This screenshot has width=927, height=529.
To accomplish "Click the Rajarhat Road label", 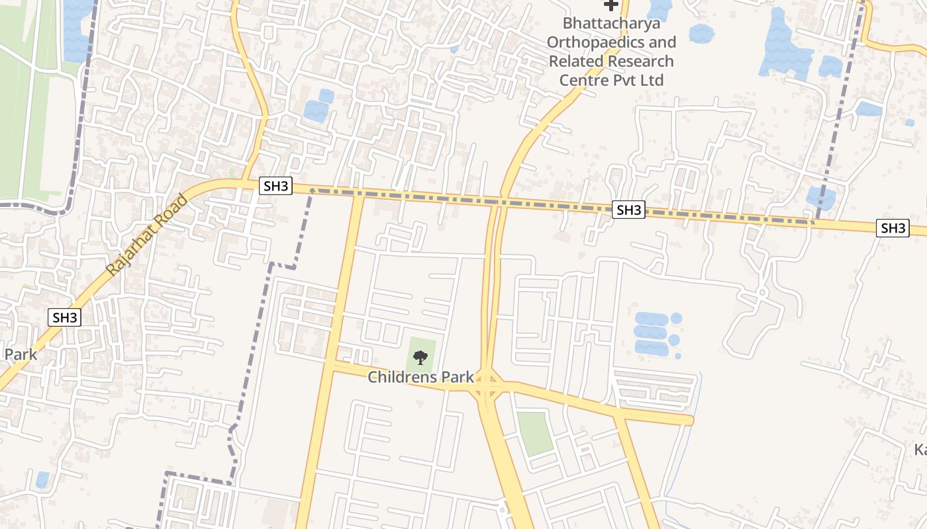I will (x=147, y=235).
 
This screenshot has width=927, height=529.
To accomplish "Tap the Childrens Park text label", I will (x=420, y=378).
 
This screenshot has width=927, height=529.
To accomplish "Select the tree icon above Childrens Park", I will (x=420, y=358).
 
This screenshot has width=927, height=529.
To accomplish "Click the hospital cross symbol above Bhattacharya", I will (x=610, y=5).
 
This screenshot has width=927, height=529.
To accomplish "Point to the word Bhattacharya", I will (x=611, y=24).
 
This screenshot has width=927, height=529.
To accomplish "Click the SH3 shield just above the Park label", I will (x=65, y=317).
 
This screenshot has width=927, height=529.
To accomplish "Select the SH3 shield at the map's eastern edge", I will (x=893, y=229).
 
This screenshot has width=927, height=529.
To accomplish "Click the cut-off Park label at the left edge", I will (x=20, y=354).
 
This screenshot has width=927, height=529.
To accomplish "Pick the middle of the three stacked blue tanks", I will (x=650, y=333).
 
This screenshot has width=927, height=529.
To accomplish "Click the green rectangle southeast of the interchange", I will (x=534, y=433).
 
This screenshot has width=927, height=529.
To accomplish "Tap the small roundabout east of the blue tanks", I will (x=762, y=292).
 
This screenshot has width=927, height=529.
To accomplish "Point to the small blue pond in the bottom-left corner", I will (x=42, y=479).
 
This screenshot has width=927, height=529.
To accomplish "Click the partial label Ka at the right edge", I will (x=920, y=450).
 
